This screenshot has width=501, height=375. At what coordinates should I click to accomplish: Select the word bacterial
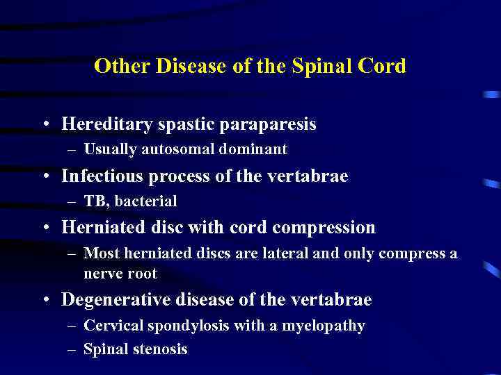(x=146, y=201)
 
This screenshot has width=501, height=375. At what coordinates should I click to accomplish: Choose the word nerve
(x=103, y=274)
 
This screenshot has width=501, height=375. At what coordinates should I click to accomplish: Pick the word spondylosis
(x=182, y=325)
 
